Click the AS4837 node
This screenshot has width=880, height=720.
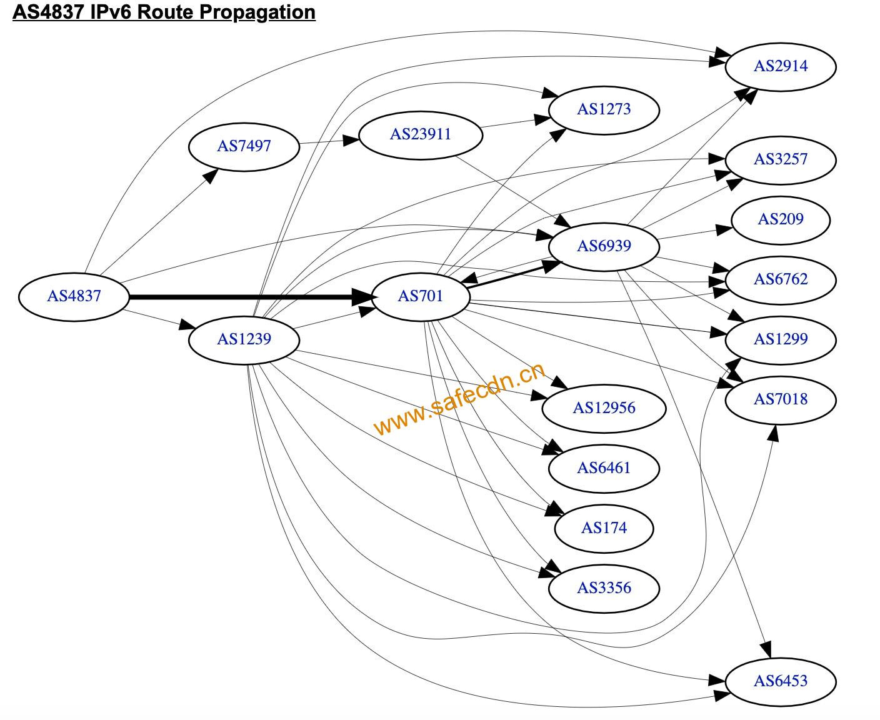pyautogui.click(x=74, y=297)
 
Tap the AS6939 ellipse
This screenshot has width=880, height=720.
pyautogui.click(x=604, y=247)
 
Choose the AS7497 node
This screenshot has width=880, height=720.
pyautogui.click(x=244, y=147)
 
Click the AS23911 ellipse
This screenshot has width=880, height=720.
pyautogui.click(x=421, y=135)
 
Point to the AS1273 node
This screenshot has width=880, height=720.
pyautogui.click(x=604, y=110)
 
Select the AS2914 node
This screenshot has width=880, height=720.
pyautogui.click(x=781, y=67)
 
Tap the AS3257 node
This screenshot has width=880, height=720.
pyautogui.click(x=781, y=160)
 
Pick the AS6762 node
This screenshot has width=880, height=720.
pyautogui.click(x=781, y=280)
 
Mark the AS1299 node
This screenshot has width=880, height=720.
pyautogui.click(x=781, y=340)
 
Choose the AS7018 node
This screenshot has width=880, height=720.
pyautogui.click(x=781, y=400)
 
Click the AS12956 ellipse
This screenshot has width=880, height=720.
pyautogui.click(x=604, y=409)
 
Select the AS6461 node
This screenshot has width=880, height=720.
pyautogui.click(x=604, y=469)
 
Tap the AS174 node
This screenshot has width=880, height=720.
pyautogui.click(x=604, y=529)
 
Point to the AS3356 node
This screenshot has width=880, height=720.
pyautogui.click(x=604, y=589)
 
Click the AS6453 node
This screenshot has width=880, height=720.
pyautogui.click(x=781, y=682)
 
